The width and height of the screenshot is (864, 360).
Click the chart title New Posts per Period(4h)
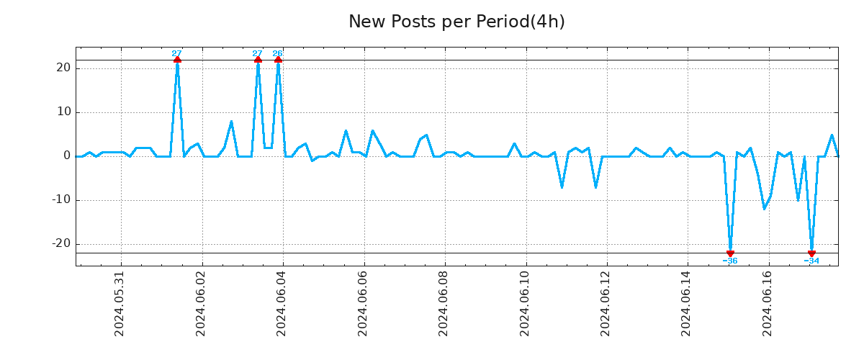[456, 22]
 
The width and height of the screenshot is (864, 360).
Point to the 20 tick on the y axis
[63, 68]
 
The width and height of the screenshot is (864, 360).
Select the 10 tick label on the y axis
[63, 112]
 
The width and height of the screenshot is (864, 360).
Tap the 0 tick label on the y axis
[67, 156]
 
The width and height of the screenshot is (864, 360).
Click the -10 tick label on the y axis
[61, 199]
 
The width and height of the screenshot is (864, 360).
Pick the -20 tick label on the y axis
[61, 243]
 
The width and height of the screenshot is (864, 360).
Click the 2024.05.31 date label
[120, 303]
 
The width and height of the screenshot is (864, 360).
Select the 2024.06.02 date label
[201, 303]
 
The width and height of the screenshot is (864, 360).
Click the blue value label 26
[277, 53]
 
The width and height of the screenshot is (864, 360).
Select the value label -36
[730, 261]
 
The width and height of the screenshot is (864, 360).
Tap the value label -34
[811, 261]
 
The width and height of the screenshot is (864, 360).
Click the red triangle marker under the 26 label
[278, 60]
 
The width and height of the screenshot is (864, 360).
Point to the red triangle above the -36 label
[730, 253]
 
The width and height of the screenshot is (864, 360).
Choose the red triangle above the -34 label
[811, 253]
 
